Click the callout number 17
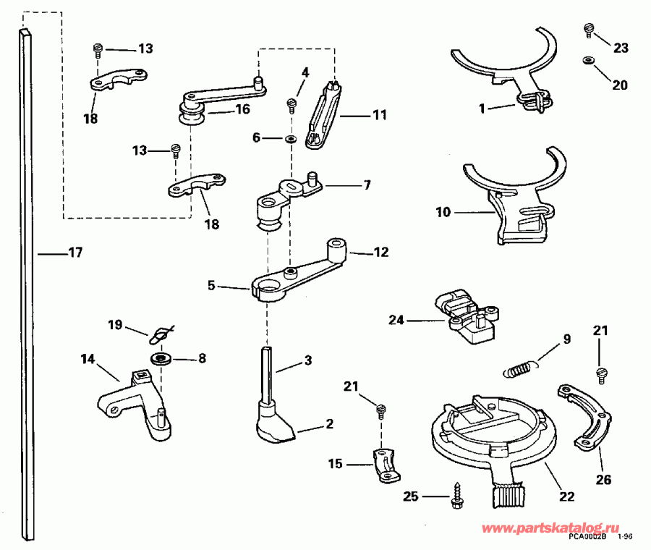pyautogui.click(x=75, y=253)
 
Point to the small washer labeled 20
pyautogui.click(x=587, y=60)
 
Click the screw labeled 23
pyautogui.click(x=589, y=30)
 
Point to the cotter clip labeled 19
pyautogui.click(x=161, y=336)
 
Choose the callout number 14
pyautogui.click(x=88, y=357)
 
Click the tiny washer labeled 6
pyautogui.click(x=290, y=137)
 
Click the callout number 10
pyautogui.click(x=443, y=212)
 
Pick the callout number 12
pyautogui.click(x=380, y=253)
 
